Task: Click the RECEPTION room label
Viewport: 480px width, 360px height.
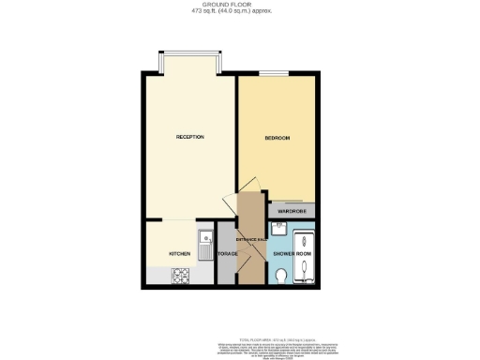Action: (189, 138)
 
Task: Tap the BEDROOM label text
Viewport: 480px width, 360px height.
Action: (277, 139)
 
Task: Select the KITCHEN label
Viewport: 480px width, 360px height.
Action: (180, 254)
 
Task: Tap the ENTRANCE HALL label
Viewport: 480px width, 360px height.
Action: (247, 242)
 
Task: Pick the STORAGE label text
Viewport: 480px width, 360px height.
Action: (227, 254)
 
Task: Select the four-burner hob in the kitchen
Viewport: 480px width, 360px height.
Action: (181, 277)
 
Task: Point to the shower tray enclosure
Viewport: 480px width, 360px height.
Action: (307, 254)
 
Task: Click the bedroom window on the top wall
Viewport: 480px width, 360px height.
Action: (274, 74)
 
